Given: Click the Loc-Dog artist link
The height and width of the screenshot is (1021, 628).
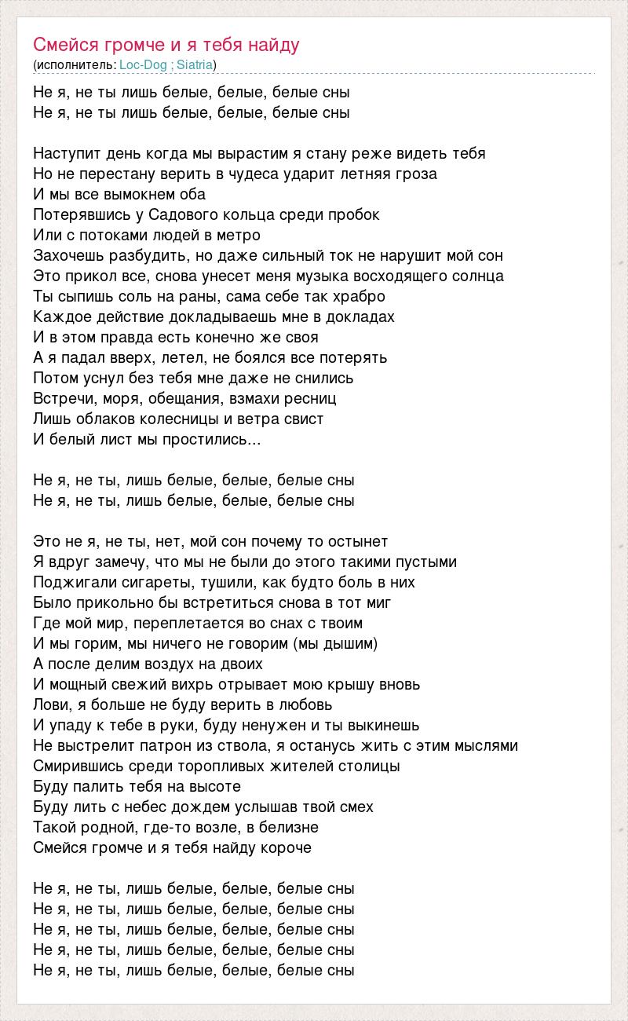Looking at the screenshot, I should [143, 64].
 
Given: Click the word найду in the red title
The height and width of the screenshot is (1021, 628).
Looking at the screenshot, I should [275, 44].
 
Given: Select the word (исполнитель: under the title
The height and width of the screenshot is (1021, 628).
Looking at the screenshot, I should [75, 64].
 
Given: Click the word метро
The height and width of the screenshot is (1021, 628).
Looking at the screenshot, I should [238, 235].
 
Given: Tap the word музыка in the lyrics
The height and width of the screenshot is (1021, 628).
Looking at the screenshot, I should [324, 276].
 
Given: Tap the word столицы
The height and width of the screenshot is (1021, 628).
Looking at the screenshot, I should [371, 766].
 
